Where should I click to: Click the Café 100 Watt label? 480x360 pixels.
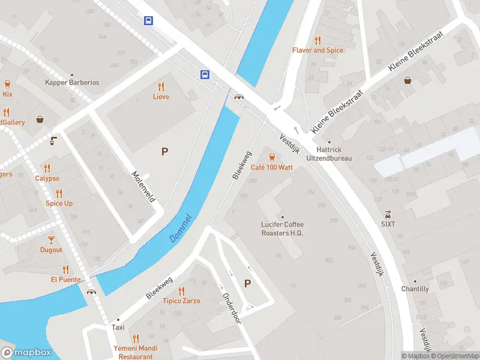click(272, 167)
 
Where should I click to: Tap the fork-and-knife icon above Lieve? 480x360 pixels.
click(161, 86)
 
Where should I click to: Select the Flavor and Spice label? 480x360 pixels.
click(318, 50)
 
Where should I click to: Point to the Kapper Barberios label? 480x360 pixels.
click(72, 82)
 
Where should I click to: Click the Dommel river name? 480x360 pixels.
click(181, 228)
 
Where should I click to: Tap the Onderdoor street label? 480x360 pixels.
click(231, 308)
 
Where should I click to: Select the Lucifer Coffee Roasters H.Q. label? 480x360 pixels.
click(282, 229)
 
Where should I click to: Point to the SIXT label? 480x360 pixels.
click(388, 224)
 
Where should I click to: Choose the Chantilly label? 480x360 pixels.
click(415, 289)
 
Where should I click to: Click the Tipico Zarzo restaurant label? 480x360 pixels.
click(181, 301)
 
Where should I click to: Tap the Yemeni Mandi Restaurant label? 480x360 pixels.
click(136, 352)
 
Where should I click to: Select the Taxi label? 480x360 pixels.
click(118, 328)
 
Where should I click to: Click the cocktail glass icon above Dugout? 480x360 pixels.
click(51, 239)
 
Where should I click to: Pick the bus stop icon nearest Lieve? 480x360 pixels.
click(205, 74)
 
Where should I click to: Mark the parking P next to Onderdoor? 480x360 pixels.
click(247, 283)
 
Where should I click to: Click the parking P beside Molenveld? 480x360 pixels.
click(164, 152)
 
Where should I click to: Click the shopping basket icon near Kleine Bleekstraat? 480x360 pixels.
click(407, 80)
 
